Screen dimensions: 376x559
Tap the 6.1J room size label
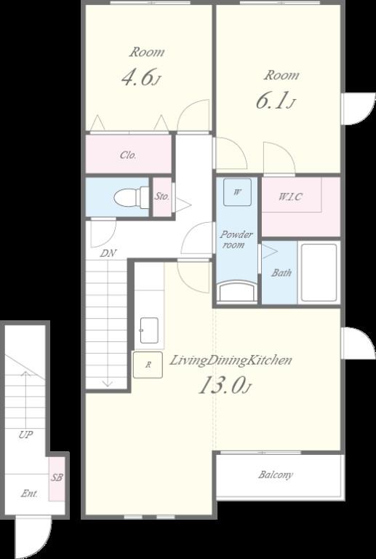coord(275,100)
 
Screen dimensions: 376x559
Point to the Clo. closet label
coord(128,156)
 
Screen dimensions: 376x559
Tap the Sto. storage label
coord(162,197)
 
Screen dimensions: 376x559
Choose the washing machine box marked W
coord(237,192)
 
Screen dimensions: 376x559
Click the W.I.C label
coord(290,197)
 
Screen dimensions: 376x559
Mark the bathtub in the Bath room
coord(319,272)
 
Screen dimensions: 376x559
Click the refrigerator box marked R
coord(148,365)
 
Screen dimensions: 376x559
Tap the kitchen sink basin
coord(149,330)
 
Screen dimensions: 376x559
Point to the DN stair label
coord(108,253)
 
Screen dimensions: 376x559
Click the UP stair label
coord(26,435)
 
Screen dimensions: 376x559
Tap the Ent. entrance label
coord(30,493)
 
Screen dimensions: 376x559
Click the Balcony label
coord(276,475)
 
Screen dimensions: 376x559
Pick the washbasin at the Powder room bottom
coord(237,291)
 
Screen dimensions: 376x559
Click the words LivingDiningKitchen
coord(230,360)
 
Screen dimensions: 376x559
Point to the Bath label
coord(281,273)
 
